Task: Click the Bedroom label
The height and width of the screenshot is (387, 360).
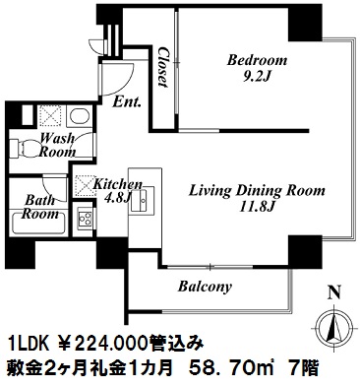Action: point(257,60)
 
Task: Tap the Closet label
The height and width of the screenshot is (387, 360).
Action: point(163,67)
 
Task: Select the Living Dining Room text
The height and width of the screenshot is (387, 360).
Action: point(257,191)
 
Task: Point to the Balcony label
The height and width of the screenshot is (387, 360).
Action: point(205,287)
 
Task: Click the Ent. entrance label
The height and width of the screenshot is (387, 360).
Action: point(127,102)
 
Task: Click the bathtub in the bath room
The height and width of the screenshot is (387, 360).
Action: point(38,224)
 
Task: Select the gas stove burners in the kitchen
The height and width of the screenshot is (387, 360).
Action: point(85,219)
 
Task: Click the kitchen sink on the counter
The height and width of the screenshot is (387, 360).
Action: point(143,200)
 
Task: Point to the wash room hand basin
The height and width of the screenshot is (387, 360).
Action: point(80,116)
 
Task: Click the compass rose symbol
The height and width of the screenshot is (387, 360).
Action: point(333,328)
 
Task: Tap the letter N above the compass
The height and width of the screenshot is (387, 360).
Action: point(334,291)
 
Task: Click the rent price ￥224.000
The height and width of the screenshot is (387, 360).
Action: point(111,345)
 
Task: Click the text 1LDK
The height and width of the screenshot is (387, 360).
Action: point(30,345)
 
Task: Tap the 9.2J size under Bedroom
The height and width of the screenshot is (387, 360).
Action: point(257,78)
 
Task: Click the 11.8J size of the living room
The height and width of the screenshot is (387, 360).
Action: point(258,207)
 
